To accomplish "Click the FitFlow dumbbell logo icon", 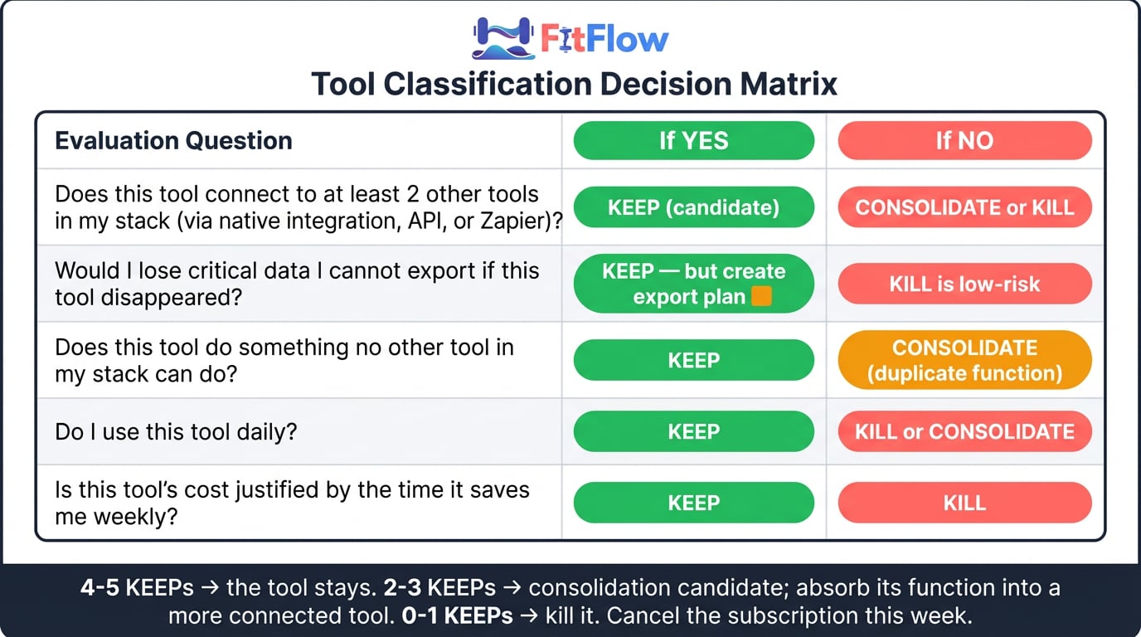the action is pyautogui.click(x=503, y=38).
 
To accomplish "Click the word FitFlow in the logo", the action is pyautogui.click(x=604, y=39).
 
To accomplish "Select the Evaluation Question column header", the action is pyautogui.click(x=173, y=141).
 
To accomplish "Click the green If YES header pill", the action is pyautogui.click(x=694, y=141).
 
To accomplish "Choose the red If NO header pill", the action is pyautogui.click(x=964, y=141).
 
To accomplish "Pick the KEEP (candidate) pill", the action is pyautogui.click(x=694, y=207).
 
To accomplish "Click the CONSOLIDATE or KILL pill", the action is pyautogui.click(x=964, y=207).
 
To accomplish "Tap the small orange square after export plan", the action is pyautogui.click(x=761, y=296).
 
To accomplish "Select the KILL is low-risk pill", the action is pyautogui.click(x=964, y=284).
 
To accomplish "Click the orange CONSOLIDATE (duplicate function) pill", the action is pyautogui.click(x=964, y=360).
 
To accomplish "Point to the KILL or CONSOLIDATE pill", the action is pyautogui.click(x=964, y=431).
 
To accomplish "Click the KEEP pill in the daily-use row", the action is pyautogui.click(x=694, y=431).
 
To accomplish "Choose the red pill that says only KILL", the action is pyautogui.click(x=964, y=503).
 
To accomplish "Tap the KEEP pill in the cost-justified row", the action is pyautogui.click(x=694, y=503).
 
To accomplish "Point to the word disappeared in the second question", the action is pyautogui.click(x=171, y=298).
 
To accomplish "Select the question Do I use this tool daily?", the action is pyautogui.click(x=176, y=432).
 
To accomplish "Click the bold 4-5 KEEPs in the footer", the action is pyautogui.click(x=137, y=587).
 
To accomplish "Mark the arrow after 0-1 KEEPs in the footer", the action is pyautogui.click(x=529, y=616).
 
